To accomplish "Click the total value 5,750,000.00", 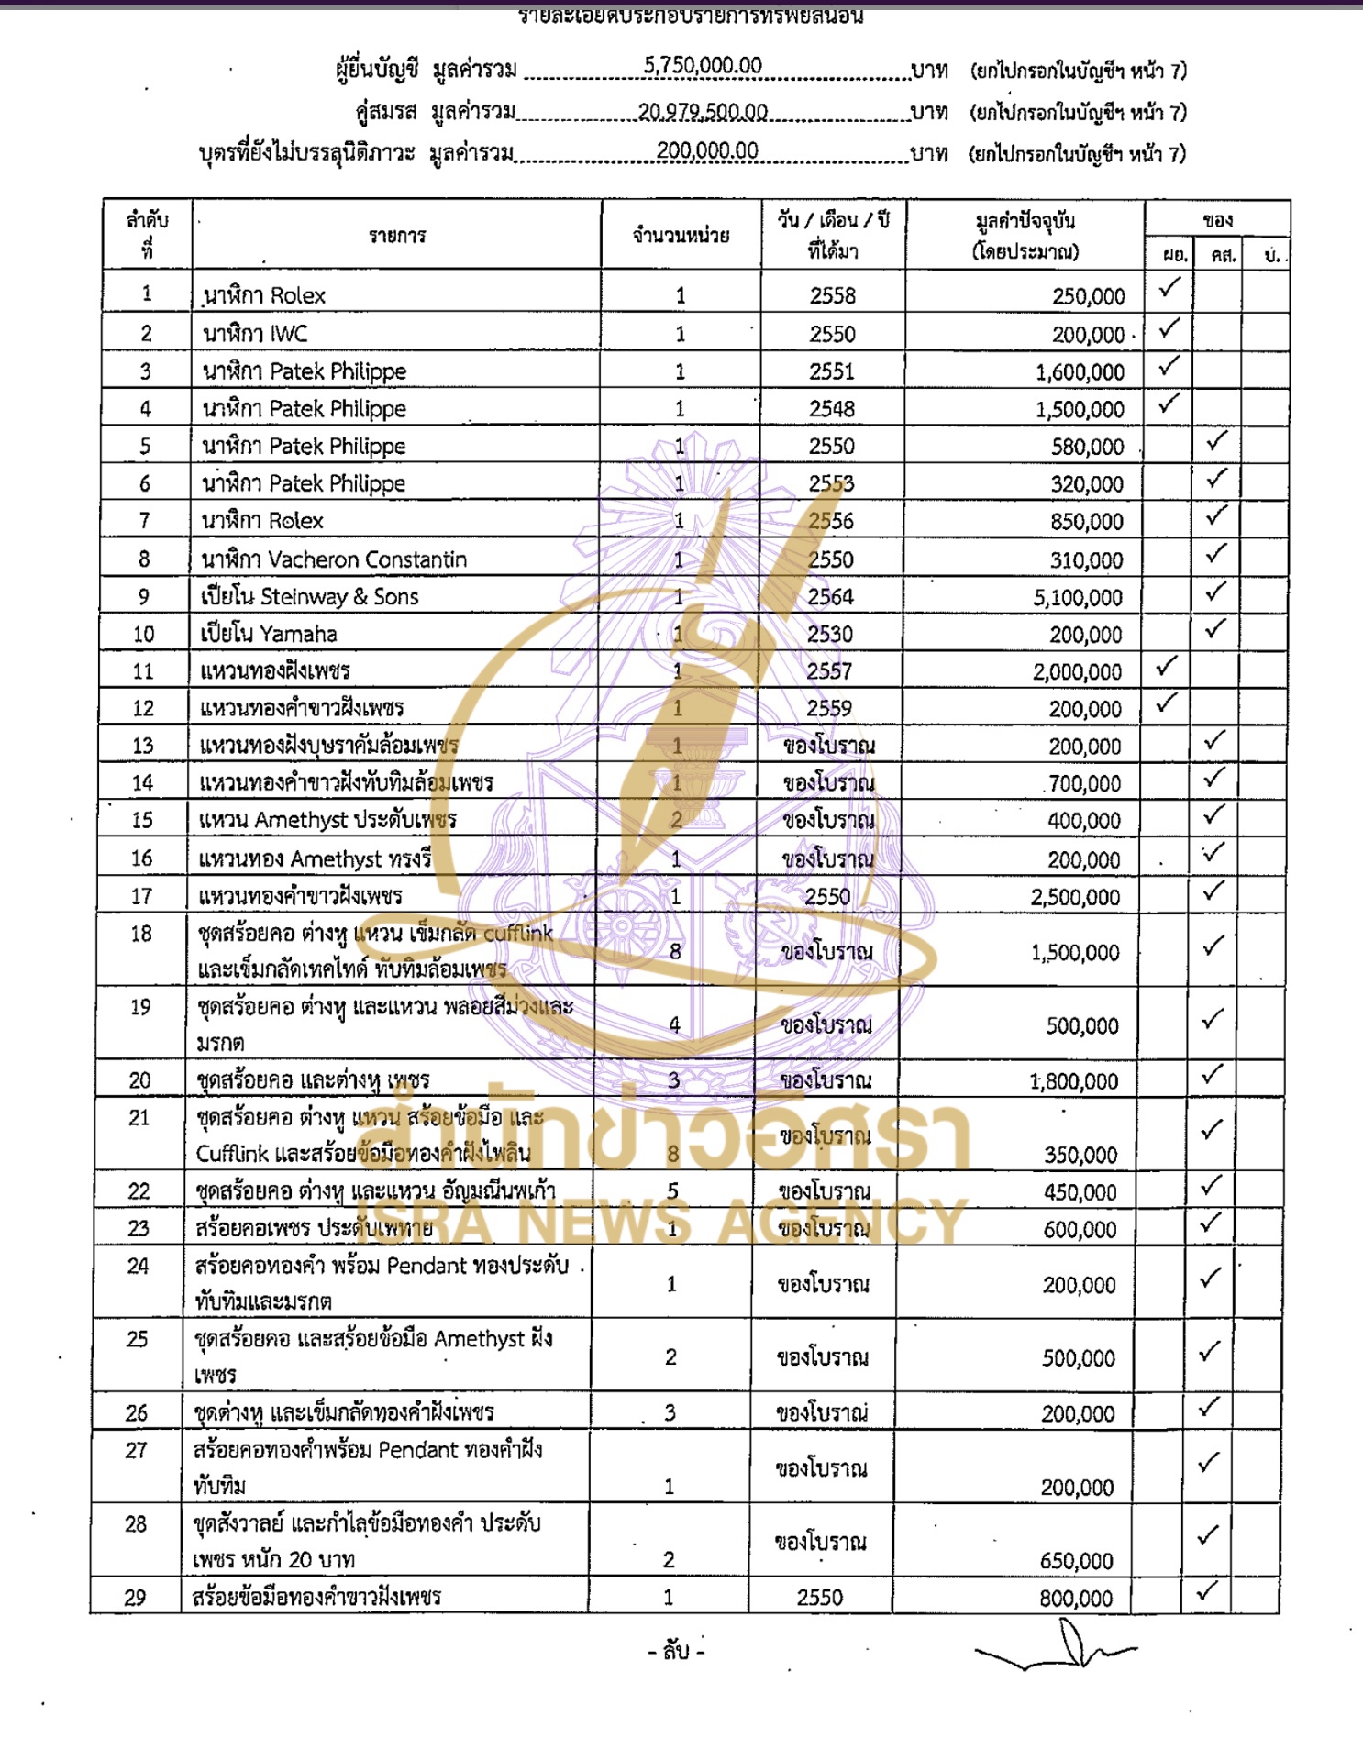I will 703,65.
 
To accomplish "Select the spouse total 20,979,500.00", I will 703,112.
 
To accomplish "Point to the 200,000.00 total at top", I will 707,150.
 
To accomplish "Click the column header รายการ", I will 397,236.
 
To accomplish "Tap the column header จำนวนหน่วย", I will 681,236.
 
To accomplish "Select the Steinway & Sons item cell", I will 310,597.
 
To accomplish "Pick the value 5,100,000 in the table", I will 1078,598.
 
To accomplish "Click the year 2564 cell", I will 830,597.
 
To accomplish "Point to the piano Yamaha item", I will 269,634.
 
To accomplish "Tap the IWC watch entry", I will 255,334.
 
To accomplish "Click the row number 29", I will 135,1598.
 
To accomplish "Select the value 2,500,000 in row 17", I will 1075,897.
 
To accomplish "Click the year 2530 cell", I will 830,635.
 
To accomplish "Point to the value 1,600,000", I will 1080,372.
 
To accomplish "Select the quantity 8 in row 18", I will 675,952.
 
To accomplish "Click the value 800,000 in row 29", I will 1076,1599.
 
